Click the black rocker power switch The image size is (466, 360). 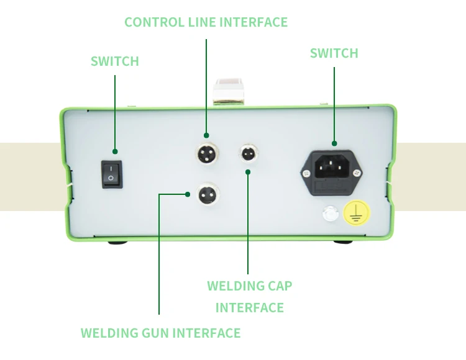click(x=112, y=174)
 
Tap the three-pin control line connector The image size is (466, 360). click(x=206, y=152)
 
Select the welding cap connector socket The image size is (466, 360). click(x=248, y=152)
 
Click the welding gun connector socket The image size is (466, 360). click(x=206, y=194)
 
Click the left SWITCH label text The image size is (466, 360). click(x=115, y=61)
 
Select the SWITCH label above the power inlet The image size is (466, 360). click(x=334, y=53)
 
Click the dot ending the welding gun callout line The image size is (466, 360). click(x=188, y=194)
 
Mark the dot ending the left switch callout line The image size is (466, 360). click(x=115, y=152)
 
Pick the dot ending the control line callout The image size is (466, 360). click(x=206, y=135)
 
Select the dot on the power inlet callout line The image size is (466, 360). click(x=334, y=143)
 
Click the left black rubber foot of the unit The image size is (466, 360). click(x=117, y=241)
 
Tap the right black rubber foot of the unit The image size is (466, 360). click(x=341, y=241)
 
